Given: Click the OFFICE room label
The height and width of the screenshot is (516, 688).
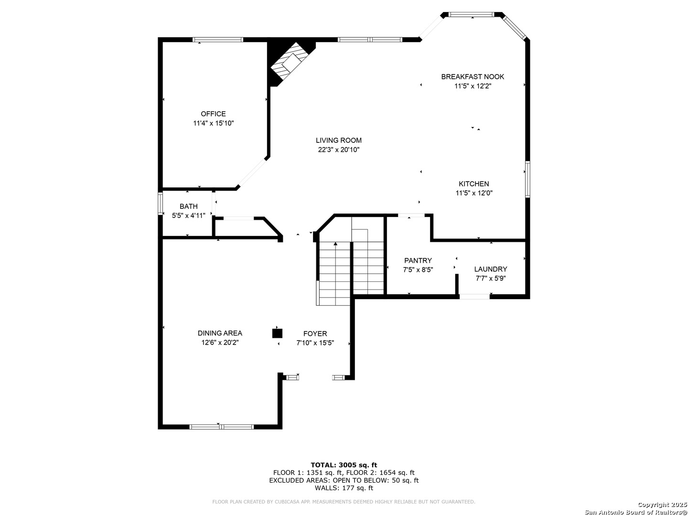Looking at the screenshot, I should click(x=213, y=114).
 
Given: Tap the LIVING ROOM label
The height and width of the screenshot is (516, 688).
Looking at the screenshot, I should click(x=338, y=140).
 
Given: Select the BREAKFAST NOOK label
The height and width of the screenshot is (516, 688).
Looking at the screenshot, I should click(x=473, y=76).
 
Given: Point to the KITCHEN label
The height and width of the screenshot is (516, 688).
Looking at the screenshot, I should click(x=473, y=184).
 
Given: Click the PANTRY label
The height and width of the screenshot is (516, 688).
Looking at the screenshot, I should click(x=418, y=260).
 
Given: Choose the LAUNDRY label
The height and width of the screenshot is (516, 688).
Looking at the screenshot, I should click(x=490, y=269).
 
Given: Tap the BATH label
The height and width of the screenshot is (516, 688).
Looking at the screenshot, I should click(x=188, y=206).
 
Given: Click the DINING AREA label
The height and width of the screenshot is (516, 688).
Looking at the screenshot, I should click(x=220, y=333).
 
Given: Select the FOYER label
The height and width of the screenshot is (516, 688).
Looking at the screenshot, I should click(x=315, y=333).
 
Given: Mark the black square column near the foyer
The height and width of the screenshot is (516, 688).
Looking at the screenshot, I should click(x=277, y=333).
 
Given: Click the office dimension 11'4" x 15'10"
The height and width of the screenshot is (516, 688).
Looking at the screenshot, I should click(x=213, y=123).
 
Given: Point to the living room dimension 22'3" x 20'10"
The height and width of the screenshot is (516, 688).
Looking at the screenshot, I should click(x=338, y=150).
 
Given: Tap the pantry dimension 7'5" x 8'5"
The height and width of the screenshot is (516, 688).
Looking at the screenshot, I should click(x=418, y=269).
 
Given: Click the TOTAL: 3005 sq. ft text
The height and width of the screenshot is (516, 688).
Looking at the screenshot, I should click(x=344, y=464).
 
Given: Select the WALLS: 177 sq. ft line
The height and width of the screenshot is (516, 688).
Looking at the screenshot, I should click(x=344, y=488).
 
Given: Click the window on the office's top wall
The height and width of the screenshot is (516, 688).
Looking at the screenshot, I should click(x=218, y=40).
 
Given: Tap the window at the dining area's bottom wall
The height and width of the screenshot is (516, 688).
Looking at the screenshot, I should click(x=222, y=427).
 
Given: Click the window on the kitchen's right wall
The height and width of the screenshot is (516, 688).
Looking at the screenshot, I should click(x=527, y=179).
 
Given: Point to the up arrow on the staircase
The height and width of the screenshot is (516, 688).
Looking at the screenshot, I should click(x=335, y=245).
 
